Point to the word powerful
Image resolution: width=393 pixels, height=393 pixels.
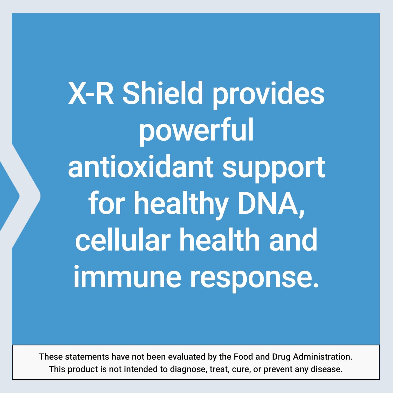pos(196,131)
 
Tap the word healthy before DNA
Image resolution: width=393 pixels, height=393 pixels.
pos(181,204)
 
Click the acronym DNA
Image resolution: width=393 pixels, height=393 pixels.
pos(271,203)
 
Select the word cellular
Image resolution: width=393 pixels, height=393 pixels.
pos(123,240)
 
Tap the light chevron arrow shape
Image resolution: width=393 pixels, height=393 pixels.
pos(26,196)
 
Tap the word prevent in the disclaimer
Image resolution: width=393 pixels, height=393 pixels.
pos(277,369)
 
